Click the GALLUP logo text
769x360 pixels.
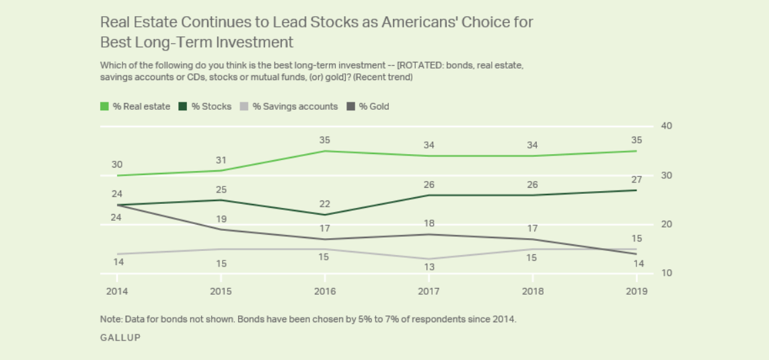120,338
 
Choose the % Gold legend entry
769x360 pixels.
368,106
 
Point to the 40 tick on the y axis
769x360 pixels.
667,126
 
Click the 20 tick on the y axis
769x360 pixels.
667,224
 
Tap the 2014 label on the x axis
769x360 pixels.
117,291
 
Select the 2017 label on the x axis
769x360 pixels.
429,291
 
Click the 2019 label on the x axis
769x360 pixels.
636,291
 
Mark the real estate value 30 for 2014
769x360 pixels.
117,164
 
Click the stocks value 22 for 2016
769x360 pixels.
325,204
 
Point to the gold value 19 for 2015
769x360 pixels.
221,219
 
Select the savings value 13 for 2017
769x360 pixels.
429,267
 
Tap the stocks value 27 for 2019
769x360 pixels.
636,180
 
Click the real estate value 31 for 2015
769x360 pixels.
221,159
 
